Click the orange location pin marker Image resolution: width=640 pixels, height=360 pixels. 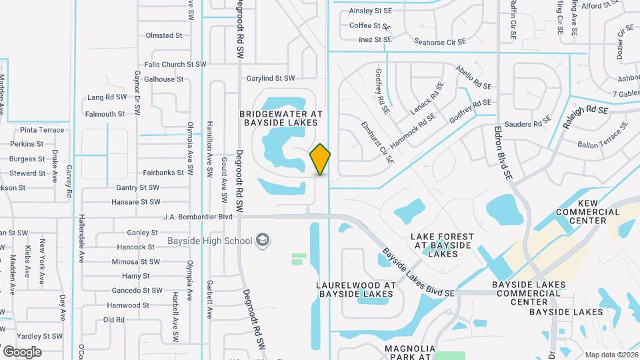click(x=321, y=159)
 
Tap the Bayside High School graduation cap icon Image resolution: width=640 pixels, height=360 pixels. click(x=263, y=240)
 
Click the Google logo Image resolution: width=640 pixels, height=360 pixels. click(x=22, y=352)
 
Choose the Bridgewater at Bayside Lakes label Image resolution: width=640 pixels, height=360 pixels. click(x=281, y=118)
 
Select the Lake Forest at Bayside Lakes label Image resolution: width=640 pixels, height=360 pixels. click(x=442, y=245)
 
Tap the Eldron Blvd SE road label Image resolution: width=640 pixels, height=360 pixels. click(x=503, y=153)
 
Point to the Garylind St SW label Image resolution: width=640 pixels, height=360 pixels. click(x=270, y=78)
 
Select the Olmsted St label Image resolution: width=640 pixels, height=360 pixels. click(x=163, y=35)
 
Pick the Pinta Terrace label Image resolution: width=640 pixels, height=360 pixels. click(x=42, y=130)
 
